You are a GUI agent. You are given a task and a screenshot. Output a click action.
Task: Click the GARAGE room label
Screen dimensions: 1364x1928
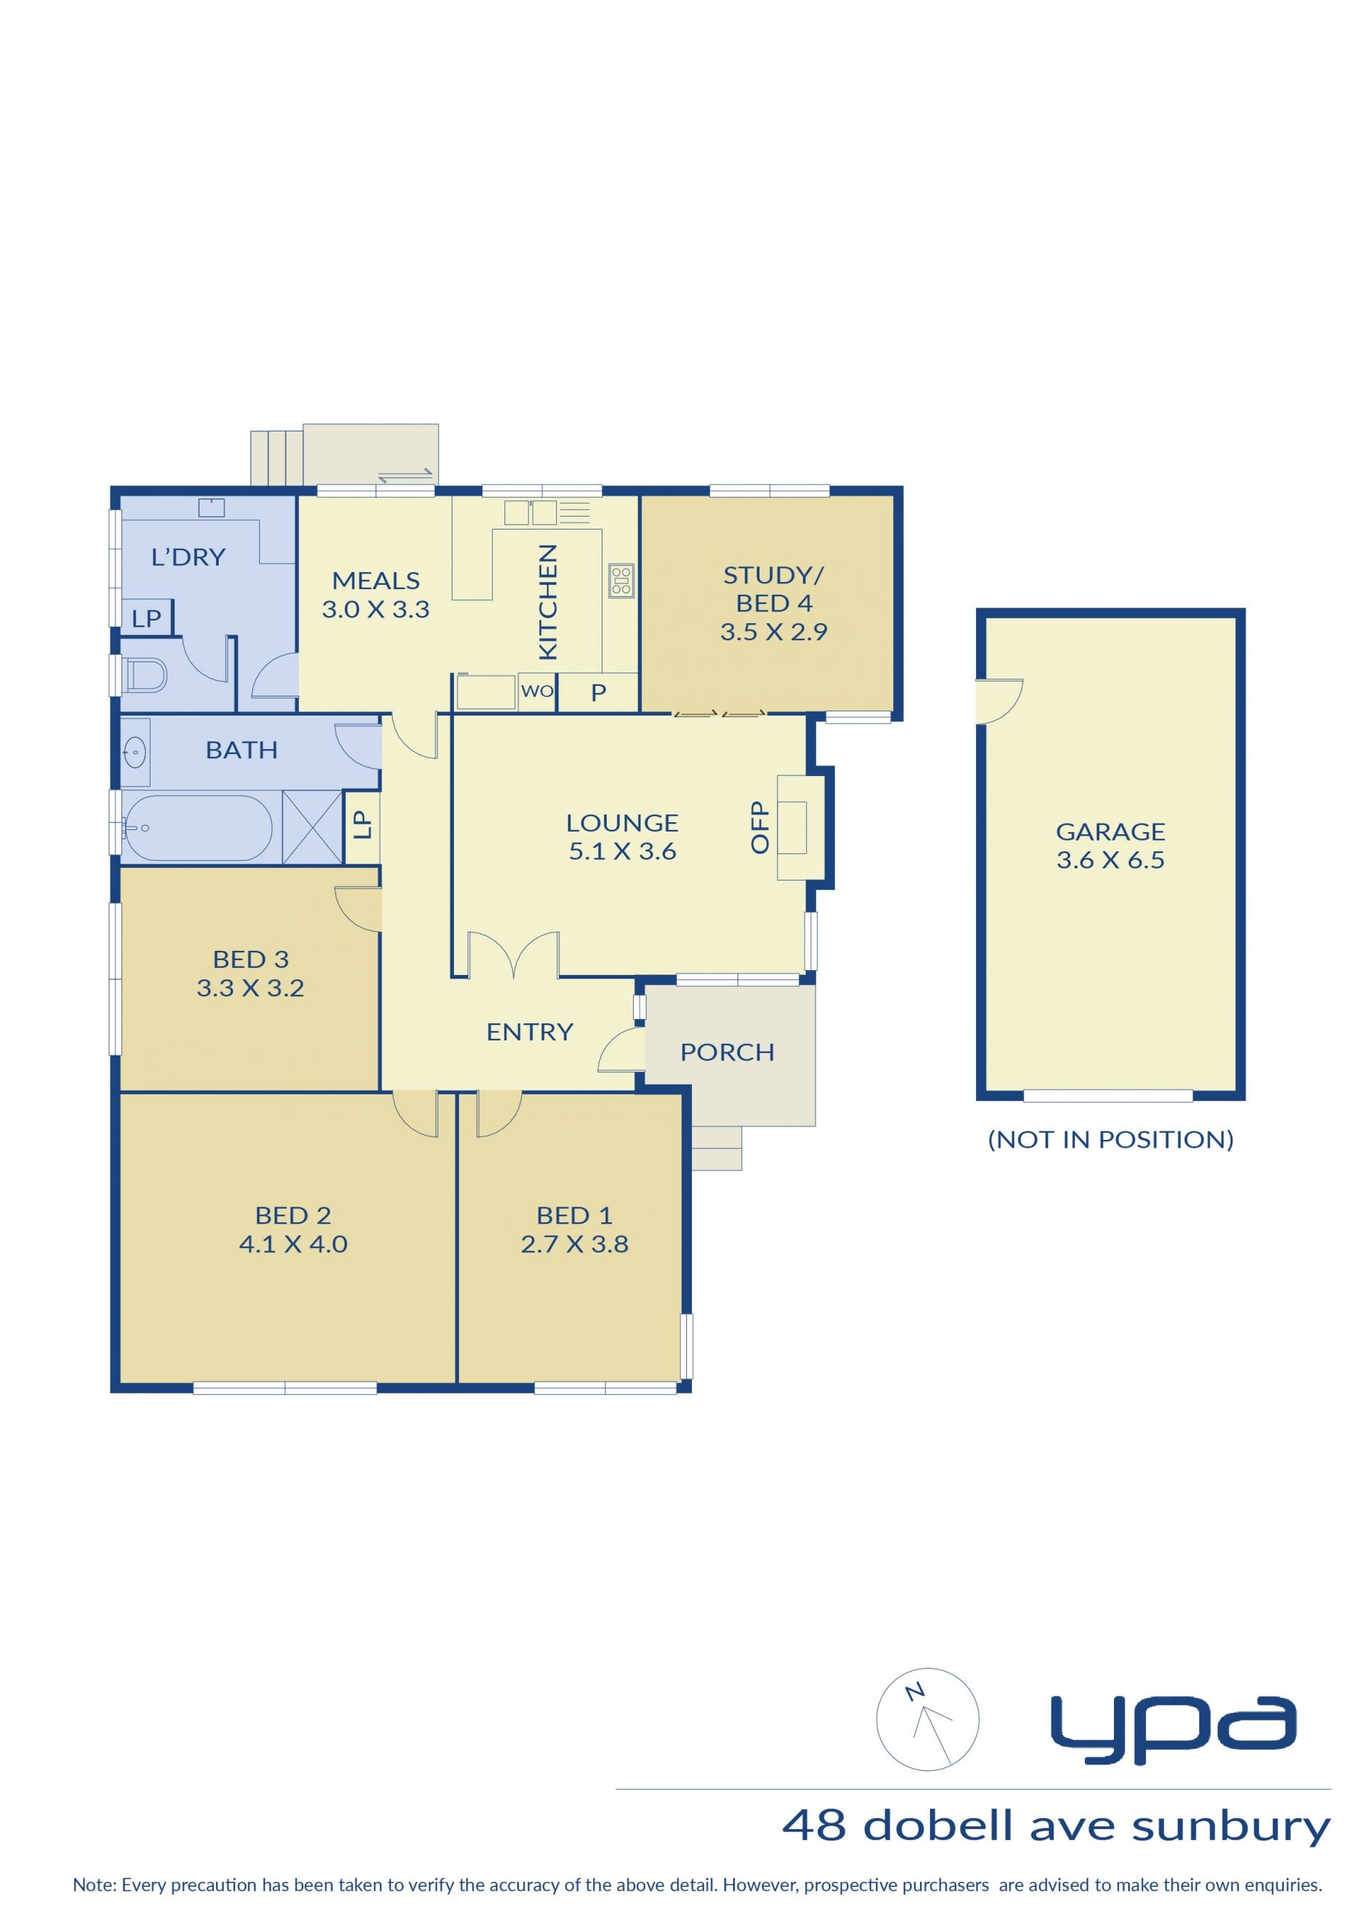pyautogui.click(x=1110, y=831)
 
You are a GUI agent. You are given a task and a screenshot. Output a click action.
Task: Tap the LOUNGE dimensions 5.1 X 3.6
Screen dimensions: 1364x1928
pyautogui.click(x=622, y=851)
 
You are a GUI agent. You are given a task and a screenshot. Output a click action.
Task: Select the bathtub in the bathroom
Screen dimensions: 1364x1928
pyautogui.click(x=198, y=827)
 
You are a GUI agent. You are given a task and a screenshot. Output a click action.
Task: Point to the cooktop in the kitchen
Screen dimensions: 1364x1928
pyautogui.click(x=622, y=580)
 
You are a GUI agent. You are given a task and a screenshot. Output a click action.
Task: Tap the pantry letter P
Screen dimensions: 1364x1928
pyautogui.click(x=598, y=693)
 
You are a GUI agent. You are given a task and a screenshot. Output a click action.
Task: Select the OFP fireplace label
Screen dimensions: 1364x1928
pyautogui.click(x=759, y=826)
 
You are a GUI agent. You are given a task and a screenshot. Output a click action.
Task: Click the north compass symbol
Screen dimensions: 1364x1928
pyautogui.click(x=927, y=1720)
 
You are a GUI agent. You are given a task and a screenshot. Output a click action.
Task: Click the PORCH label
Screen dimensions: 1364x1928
pyautogui.click(x=727, y=1052)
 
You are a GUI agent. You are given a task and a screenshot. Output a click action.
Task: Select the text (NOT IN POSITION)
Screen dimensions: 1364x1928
pyautogui.click(x=1110, y=1139)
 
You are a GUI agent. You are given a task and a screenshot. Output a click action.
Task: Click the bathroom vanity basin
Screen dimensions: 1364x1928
pyautogui.click(x=135, y=752)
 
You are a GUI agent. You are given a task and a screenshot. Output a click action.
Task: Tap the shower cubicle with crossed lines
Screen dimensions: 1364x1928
pyautogui.click(x=313, y=826)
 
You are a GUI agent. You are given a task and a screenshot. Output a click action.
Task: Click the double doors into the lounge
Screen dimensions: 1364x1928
pyautogui.click(x=513, y=954)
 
